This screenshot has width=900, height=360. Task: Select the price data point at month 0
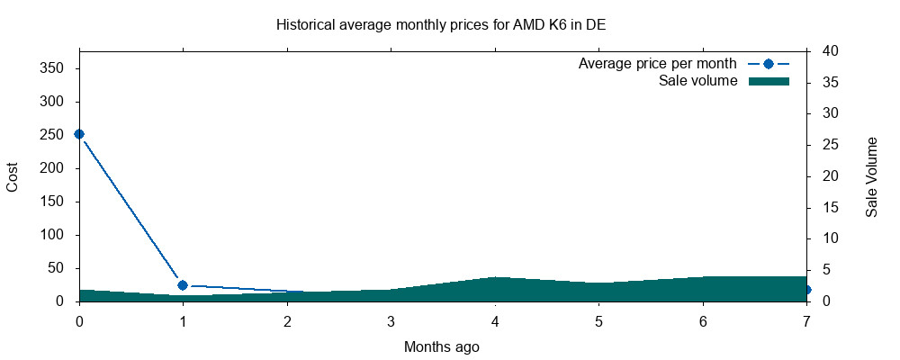pos(79,134)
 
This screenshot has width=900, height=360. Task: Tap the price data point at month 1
pos(183,285)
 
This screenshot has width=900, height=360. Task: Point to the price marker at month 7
pos(806,290)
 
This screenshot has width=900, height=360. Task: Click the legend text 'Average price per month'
pos(658,64)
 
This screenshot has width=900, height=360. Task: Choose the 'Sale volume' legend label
pos(698,81)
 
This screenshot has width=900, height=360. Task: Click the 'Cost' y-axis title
pos(13,176)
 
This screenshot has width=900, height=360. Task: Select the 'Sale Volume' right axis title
pos(871,177)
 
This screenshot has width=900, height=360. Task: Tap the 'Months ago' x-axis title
pos(441,346)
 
